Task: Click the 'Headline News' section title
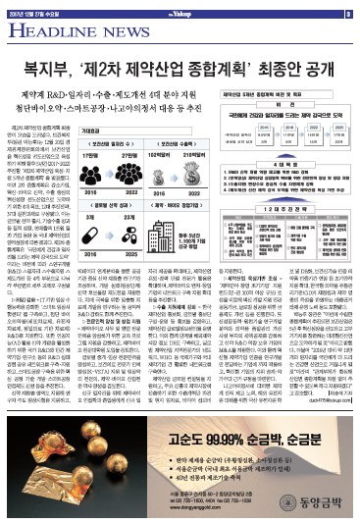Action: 59,29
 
